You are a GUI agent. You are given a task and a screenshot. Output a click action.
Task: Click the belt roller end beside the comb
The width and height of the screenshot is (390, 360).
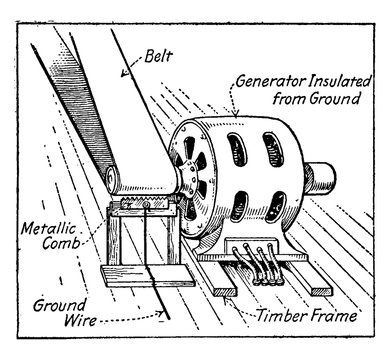112,183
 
